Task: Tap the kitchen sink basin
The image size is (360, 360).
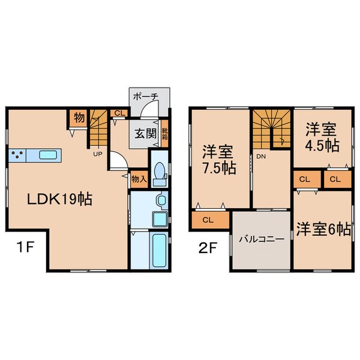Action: pyautogui.click(x=48, y=155)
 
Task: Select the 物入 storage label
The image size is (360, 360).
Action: pyautogui.click(x=139, y=179)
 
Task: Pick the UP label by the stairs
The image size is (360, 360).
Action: pyautogui.click(x=97, y=154)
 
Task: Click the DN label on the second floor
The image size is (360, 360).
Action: pyautogui.click(x=261, y=155)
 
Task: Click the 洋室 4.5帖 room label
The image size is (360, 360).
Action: pyautogui.click(x=319, y=137)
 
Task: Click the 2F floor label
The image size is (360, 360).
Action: pyautogui.click(x=208, y=247)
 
